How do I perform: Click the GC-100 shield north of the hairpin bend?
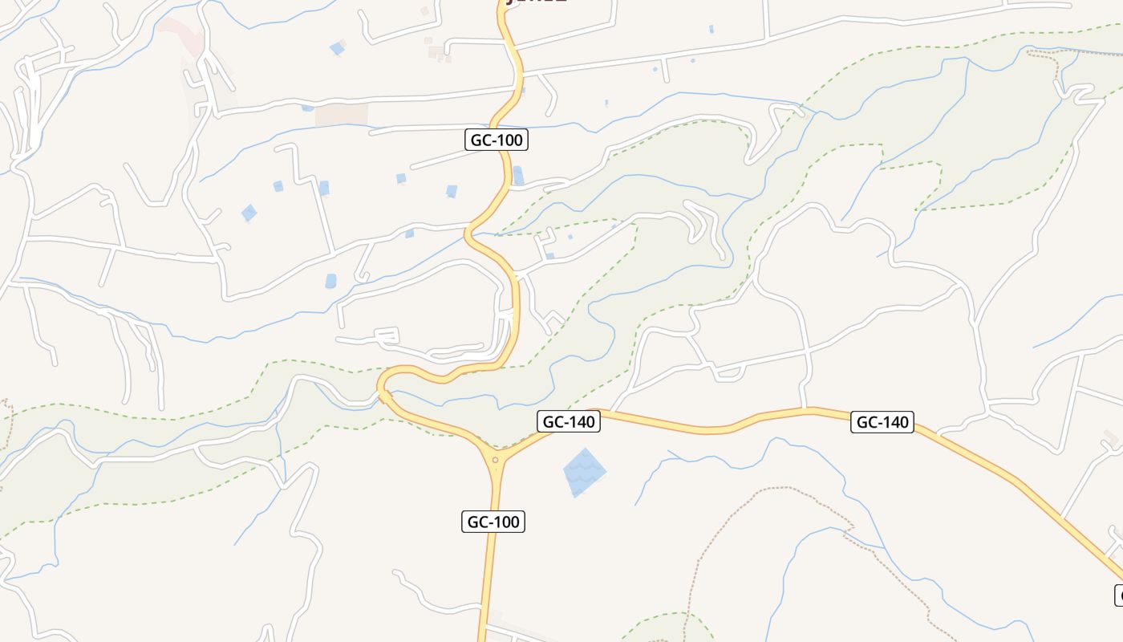coord(496,140)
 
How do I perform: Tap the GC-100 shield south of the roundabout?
coord(493,522)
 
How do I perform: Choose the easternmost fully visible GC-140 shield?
coord(882,422)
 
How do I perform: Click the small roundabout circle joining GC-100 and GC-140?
coord(496,460)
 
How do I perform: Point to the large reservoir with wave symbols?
coord(585,472)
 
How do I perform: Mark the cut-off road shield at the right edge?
coord(1118,595)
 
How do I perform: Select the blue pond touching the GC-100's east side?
coord(518,175)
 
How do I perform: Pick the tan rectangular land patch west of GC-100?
coord(341,114)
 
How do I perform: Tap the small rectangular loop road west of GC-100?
coord(387,336)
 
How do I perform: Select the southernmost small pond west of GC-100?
coord(330,281)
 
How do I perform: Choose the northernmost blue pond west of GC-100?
coord(337,49)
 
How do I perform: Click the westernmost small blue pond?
coord(249,213)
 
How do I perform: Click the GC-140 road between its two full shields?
coord(722,428)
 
